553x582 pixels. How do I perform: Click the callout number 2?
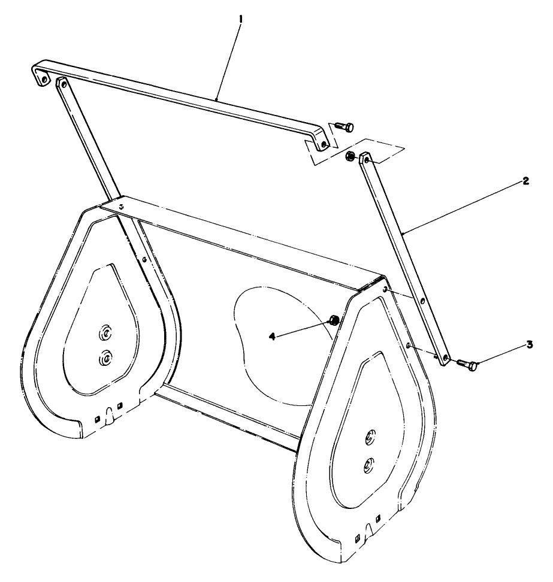click(525, 181)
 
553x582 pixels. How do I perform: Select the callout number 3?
click(529, 344)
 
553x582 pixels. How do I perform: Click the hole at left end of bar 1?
click(43, 78)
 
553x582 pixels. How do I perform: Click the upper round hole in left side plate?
click(105, 332)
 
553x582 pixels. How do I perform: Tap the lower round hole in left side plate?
click(105, 357)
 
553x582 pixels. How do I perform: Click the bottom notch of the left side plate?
click(110, 413)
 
